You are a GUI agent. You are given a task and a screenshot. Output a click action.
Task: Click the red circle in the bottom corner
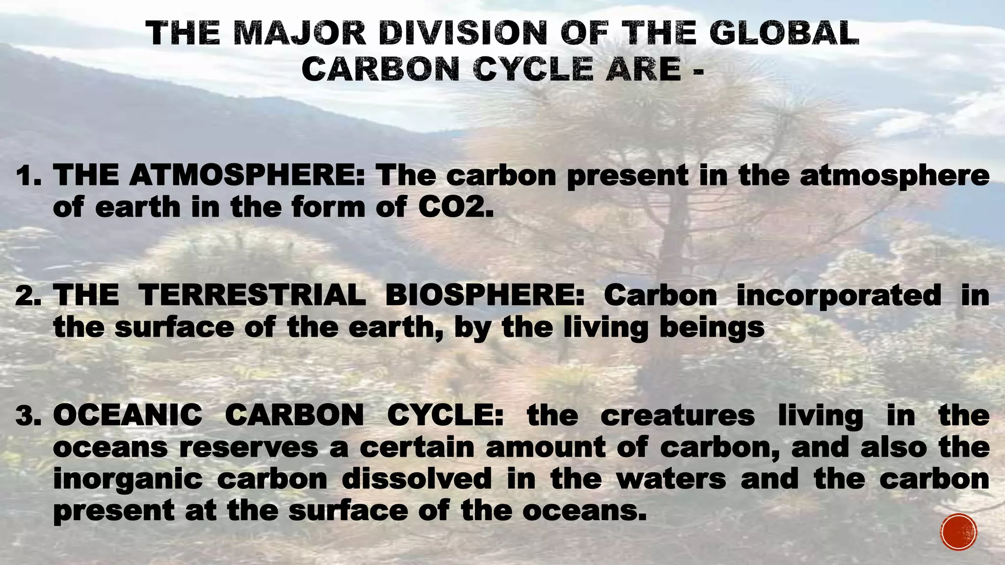click(959, 532)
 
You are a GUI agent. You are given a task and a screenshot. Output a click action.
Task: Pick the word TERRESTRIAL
click(252, 295)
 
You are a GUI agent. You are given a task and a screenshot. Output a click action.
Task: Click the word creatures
click(677, 415)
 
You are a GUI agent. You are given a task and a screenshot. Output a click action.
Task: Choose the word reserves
click(249, 448)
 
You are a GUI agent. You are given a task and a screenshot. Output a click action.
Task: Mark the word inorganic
click(128, 480)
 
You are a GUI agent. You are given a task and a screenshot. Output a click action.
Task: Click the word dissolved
click(417, 479)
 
